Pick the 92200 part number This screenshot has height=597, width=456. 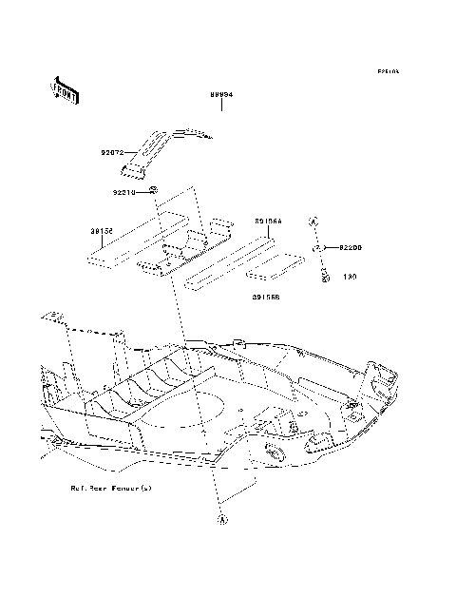click(351, 247)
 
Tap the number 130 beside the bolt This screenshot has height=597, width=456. click(349, 279)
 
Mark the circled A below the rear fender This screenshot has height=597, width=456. click(223, 520)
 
